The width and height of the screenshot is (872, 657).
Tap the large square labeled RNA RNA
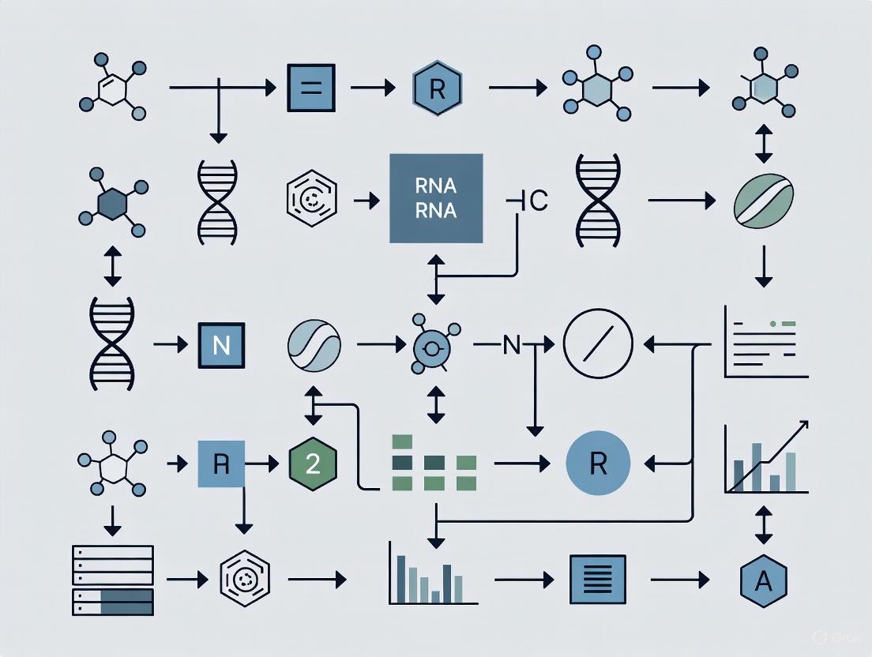click(x=436, y=198)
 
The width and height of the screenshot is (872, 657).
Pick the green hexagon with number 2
click(x=313, y=463)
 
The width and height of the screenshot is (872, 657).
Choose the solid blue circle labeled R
click(x=599, y=463)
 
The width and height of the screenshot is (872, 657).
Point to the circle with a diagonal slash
click(x=598, y=346)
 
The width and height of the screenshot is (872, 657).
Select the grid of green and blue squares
click(x=434, y=463)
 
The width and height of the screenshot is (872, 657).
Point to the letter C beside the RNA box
click(x=537, y=201)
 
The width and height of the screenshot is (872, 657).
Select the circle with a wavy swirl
click(x=314, y=346)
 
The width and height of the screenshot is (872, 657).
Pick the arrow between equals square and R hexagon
click(x=371, y=88)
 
